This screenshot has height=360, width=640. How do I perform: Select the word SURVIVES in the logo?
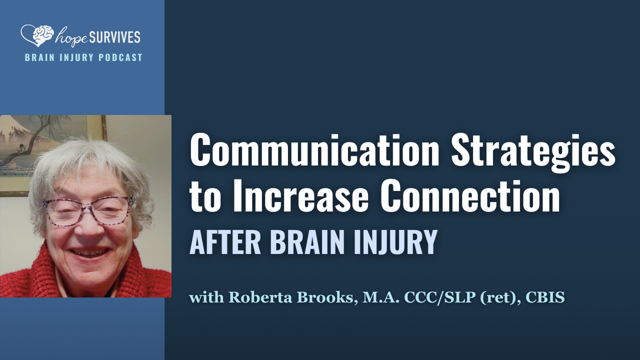point(115,36)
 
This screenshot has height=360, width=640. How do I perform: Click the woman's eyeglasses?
point(89,210)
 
